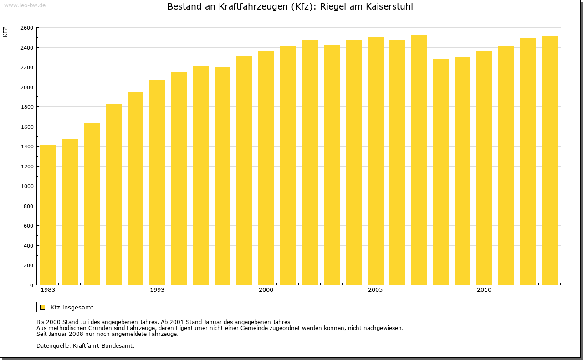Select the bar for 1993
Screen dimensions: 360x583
(157, 182)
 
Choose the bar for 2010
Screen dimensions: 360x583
(484, 168)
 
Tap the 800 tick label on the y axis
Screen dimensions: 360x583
(28, 206)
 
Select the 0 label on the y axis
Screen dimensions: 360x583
(31, 285)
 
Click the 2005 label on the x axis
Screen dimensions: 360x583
(375, 290)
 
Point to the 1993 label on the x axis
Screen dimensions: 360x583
(157, 290)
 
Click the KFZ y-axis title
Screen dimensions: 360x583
(5, 32)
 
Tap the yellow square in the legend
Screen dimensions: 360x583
(42, 307)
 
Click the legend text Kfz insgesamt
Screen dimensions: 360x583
(72, 307)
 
